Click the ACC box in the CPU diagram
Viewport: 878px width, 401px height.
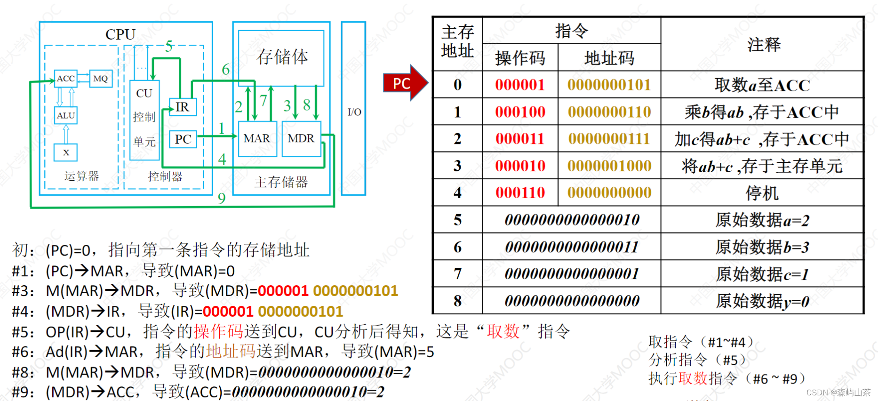coord(65,79)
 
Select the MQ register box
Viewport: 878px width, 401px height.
coord(101,79)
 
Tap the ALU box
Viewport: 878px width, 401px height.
coord(65,115)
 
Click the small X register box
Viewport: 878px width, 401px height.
coord(66,152)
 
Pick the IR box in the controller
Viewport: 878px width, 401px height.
coord(182,107)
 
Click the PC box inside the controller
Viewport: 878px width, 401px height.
coord(183,139)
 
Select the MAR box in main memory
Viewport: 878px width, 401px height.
coord(257,139)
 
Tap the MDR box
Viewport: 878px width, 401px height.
coord(301,139)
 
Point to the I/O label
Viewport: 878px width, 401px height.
coord(354,112)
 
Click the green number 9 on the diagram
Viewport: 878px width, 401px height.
coord(222,198)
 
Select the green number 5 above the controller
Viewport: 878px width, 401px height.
coord(169,46)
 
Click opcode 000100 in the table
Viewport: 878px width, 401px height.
coord(520,112)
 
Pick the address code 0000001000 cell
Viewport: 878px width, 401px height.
coord(609,166)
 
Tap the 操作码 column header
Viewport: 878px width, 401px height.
coord(520,58)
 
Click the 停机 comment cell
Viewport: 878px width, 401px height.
coord(762,193)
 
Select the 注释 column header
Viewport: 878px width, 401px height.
coord(763,45)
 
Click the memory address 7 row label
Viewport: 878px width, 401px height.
coord(457,273)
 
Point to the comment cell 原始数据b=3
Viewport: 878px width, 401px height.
coord(762,247)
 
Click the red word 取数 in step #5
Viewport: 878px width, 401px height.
coord(503,332)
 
